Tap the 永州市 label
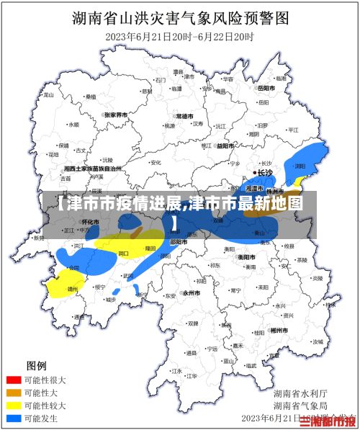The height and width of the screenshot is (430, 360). tap(191, 293)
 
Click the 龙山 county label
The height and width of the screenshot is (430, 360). tap(49, 94)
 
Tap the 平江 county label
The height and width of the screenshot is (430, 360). tap(293, 130)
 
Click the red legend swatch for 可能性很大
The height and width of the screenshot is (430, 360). tap(14, 380)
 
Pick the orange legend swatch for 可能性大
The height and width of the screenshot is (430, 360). tap(14, 393)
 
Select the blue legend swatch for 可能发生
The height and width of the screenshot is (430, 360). tap(14, 418)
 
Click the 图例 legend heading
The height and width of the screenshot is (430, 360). tap(36, 365)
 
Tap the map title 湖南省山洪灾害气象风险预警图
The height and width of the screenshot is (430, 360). tap(180, 17)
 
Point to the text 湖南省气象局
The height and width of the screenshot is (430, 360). tap(300, 406)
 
